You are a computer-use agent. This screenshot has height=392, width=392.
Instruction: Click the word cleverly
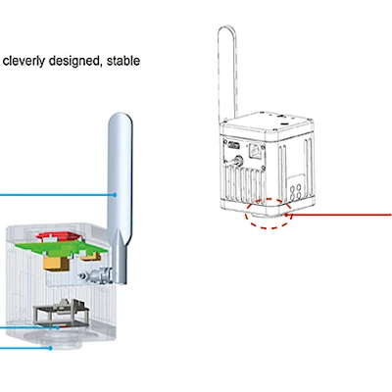point(24,61)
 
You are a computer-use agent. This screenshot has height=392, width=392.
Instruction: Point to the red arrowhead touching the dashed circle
point(288,215)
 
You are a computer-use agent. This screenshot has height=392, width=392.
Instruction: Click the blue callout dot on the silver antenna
point(115,195)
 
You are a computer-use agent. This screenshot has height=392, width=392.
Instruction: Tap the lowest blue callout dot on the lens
point(51,348)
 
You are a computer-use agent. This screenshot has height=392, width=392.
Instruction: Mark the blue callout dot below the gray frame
point(58,327)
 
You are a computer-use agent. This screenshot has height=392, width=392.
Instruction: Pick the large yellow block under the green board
point(57,263)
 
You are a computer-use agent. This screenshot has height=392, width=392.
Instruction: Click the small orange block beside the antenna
point(90,257)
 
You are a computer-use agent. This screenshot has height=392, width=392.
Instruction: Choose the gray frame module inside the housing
point(61,312)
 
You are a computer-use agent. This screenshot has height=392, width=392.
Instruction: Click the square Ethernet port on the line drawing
point(256,149)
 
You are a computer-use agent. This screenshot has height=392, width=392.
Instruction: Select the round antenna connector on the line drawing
point(237,161)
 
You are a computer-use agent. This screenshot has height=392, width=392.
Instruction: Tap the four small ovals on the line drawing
point(296,191)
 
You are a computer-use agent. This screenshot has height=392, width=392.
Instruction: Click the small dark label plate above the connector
point(233,145)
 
